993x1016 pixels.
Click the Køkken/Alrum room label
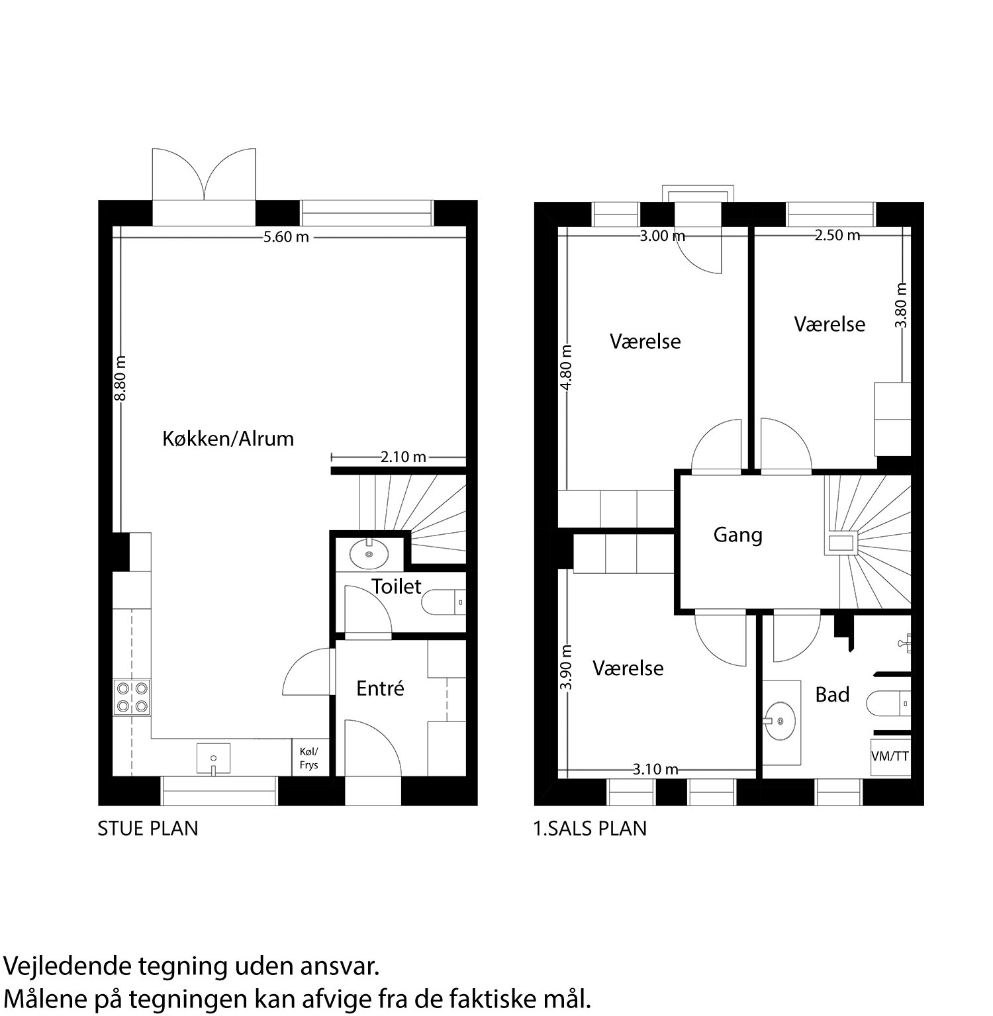point(228,439)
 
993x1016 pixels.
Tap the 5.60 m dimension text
point(286,237)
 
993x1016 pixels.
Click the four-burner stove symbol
point(132,697)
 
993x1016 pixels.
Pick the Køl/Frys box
point(308,758)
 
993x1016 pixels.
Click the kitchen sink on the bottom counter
point(213,758)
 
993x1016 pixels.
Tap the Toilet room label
point(396,586)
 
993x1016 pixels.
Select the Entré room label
point(380,689)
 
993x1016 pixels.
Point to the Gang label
point(737,535)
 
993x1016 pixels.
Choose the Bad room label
point(832,695)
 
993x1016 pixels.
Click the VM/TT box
point(890,756)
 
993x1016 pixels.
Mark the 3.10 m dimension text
point(655,769)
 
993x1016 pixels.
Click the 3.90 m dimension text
point(566,667)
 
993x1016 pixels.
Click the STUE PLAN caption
point(148,829)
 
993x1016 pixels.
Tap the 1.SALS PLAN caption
point(590,829)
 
